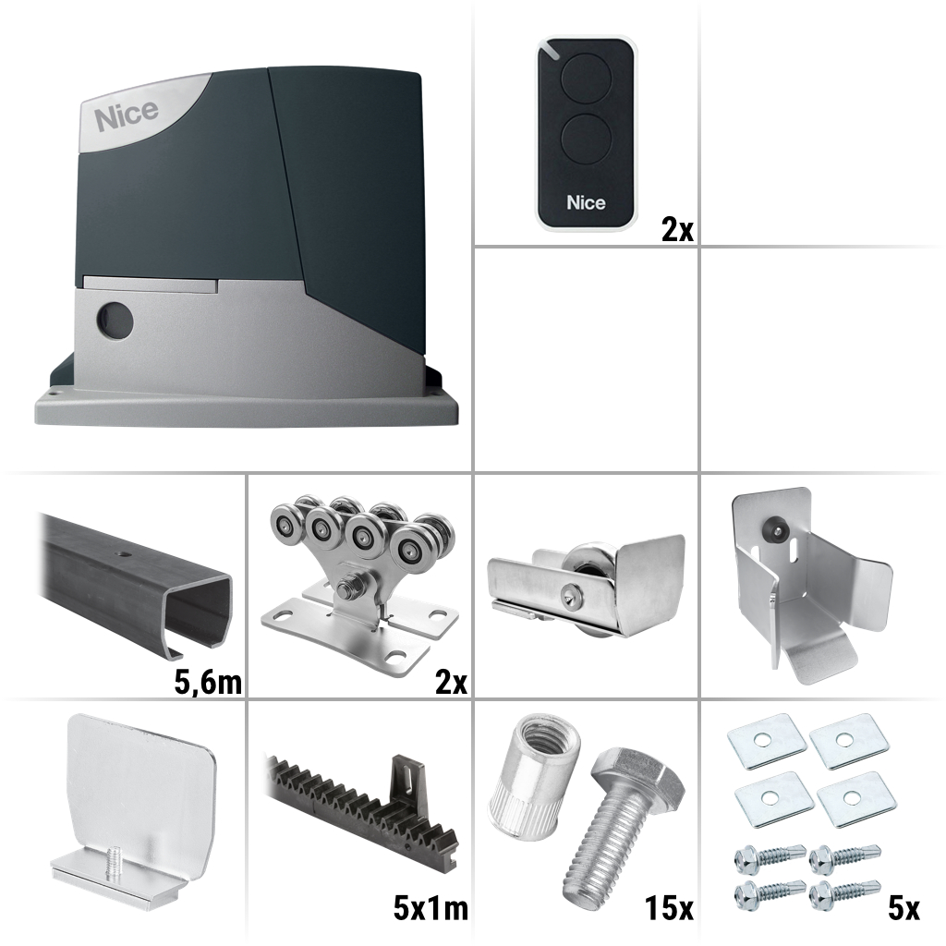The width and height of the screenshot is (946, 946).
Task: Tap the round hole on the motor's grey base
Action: (x=115, y=321)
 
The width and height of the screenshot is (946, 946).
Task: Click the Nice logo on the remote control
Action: (x=586, y=202)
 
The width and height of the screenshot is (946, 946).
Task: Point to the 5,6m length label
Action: (x=208, y=683)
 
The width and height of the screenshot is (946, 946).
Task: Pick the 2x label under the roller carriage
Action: (x=452, y=683)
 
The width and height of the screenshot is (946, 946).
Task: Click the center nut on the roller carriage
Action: (x=354, y=586)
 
